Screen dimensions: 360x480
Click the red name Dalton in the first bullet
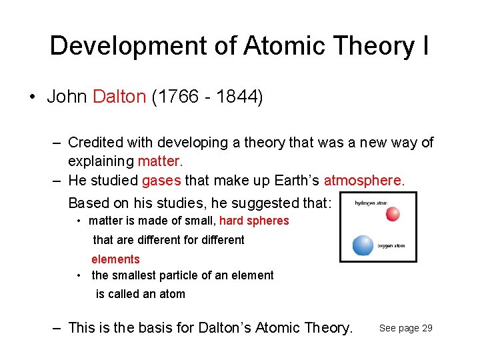[119, 97]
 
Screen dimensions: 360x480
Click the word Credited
[95, 143]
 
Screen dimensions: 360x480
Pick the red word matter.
[160, 161]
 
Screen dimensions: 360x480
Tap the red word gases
[161, 181]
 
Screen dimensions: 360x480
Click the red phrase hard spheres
[254, 221]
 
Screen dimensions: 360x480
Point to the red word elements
[115, 259]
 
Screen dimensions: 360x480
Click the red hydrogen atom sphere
[393, 213]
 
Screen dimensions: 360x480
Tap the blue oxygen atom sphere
[363, 245]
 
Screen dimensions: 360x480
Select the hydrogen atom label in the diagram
[370, 203]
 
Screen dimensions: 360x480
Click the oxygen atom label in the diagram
[391, 246]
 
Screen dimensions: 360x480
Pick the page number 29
[427, 328]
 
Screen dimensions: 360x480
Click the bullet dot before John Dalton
[32, 97]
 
